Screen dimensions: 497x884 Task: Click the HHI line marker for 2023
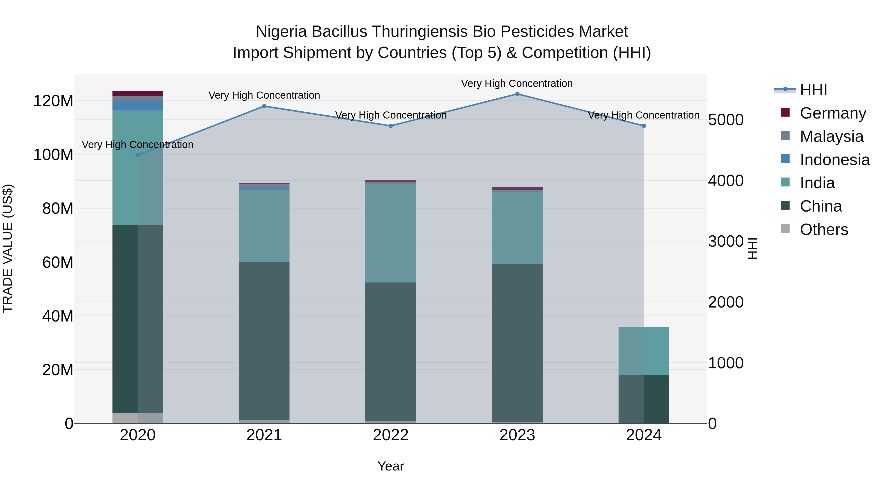tap(517, 94)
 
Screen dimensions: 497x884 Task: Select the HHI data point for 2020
tap(138, 155)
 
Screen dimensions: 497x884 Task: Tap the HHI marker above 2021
tap(264, 106)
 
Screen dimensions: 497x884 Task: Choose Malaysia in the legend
tap(831, 136)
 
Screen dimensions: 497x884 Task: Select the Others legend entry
tap(824, 229)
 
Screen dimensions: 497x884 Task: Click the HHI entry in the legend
tap(813, 90)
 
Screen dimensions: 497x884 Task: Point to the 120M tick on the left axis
tap(53, 101)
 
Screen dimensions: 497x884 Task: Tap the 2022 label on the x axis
tap(390, 435)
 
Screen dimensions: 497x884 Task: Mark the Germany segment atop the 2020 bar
tap(138, 94)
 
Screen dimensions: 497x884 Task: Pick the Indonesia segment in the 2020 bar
tap(138, 106)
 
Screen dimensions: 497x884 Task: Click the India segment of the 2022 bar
tap(390, 233)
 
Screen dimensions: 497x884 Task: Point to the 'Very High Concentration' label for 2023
tap(517, 83)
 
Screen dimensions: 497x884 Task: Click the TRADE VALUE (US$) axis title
tap(8, 248)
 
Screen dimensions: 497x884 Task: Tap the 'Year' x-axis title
tap(390, 466)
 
